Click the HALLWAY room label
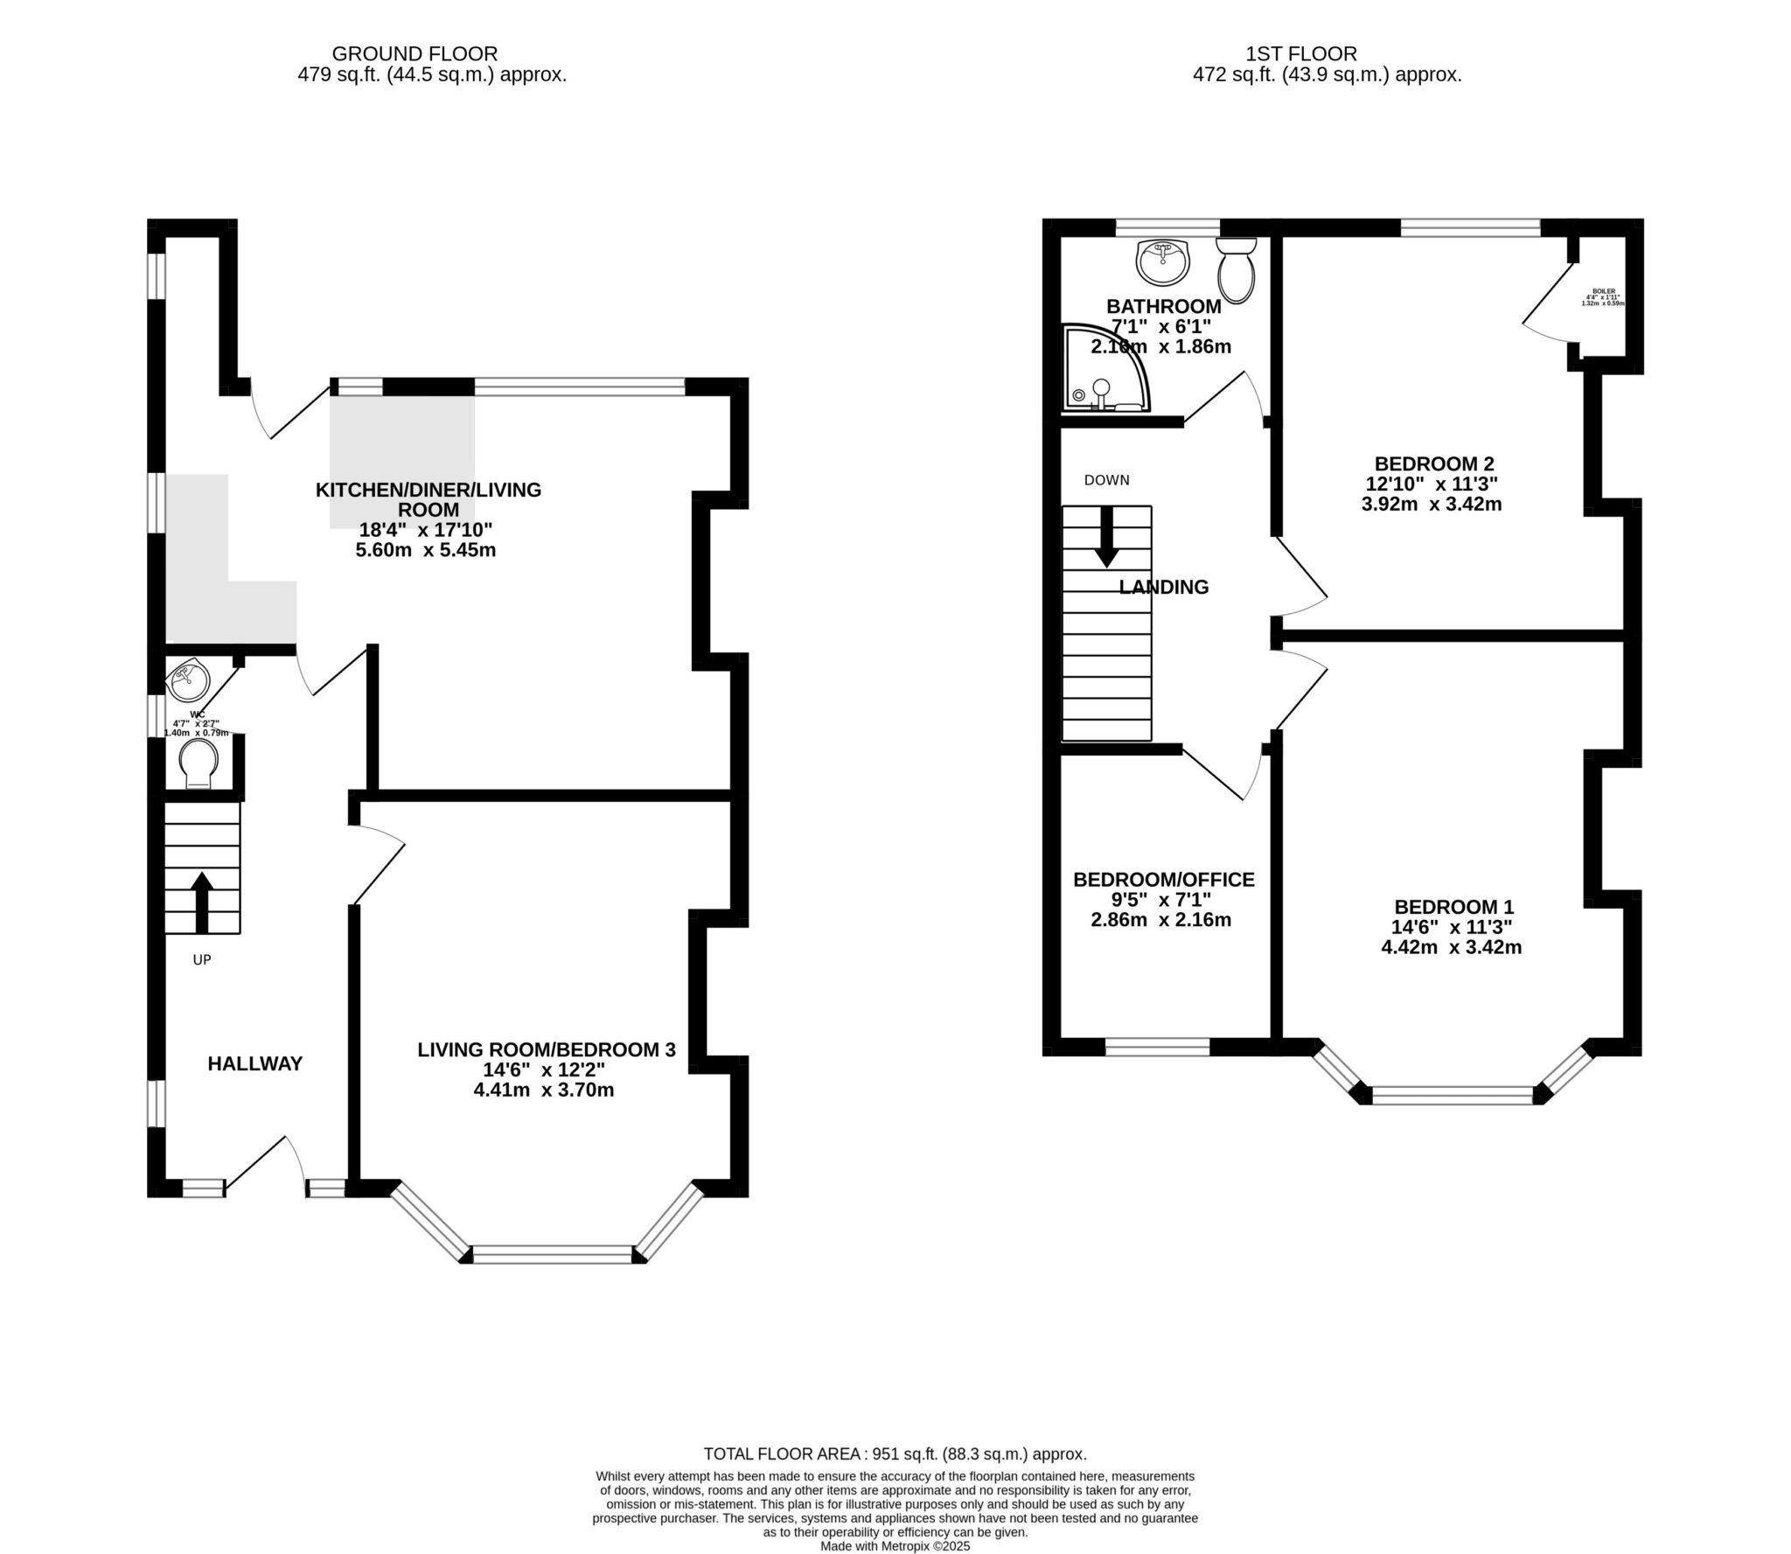(x=254, y=1063)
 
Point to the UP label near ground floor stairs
(x=202, y=959)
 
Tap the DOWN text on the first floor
(x=1106, y=480)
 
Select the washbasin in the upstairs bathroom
(x=1162, y=261)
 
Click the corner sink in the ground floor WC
(x=188, y=681)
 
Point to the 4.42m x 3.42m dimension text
(x=1451, y=947)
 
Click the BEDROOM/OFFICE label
(x=1163, y=880)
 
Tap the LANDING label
(x=1163, y=588)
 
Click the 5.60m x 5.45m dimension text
(x=427, y=550)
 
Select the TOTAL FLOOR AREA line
(x=895, y=1454)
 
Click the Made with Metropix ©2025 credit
(x=895, y=1546)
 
